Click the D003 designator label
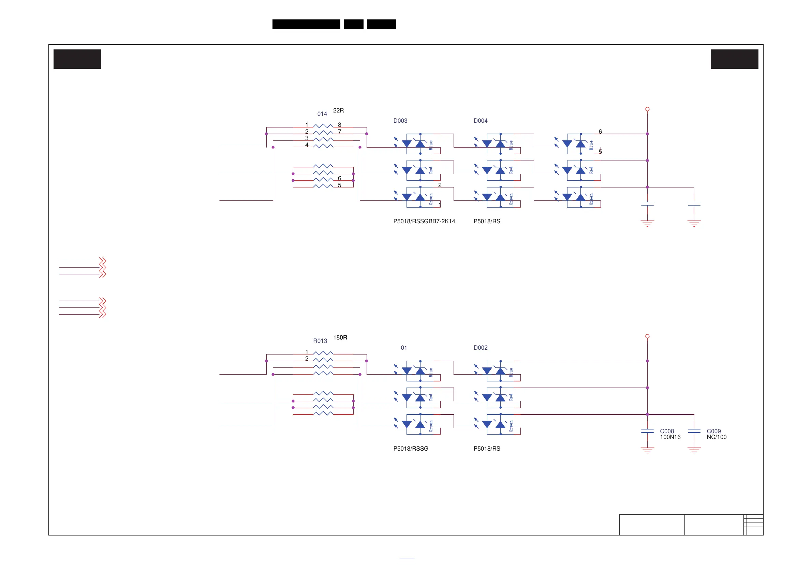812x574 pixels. pyautogui.click(x=400, y=121)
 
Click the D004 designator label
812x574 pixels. pyautogui.click(x=480, y=121)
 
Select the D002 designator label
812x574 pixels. pyautogui.click(x=480, y=348)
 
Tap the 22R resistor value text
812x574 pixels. pyautogui.click(x=338, y=111)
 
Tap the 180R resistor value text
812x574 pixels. pyautogui.click(x=340, y=337)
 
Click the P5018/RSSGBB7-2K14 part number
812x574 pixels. pyautogui.click(x=424, y=221)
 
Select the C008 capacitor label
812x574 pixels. pyautogui.click(x=667, y=431)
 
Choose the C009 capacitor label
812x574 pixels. pyautogui.click(x=713, y=431)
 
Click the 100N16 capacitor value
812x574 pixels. pyautogui.click(x=670, y=437)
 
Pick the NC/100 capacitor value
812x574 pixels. pyautogui.click(x=716, y=437)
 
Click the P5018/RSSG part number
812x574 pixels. pyautogui.click(x=411, y=449)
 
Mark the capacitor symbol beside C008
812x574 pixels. pyautogui.click(x=647, y=431)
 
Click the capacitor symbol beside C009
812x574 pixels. pyautogui.click(x=694, y=431)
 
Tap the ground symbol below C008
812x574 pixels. pyautogui.click(x=647, y=450)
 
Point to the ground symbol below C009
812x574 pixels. pyautogui.click(x=694, y=450)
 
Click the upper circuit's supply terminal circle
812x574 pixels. pyautogui.click(x=647, y=109)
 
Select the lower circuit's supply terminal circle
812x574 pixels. pyautogui.click(x=647, y=336)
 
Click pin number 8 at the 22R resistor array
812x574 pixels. pyautogui.click(x=340, y=125)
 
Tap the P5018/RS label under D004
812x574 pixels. pyautogui.click(x=487, y=221)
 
